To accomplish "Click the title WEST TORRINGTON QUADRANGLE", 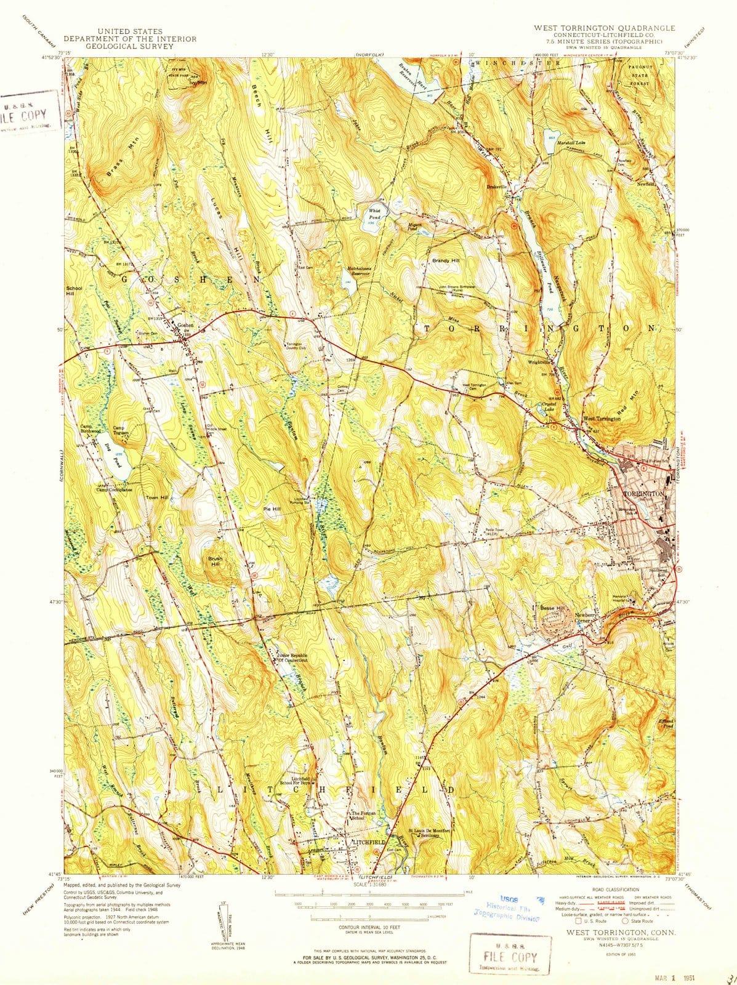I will coord(604,28).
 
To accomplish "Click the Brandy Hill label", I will coord(445,261).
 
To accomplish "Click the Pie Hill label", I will coord(272,509).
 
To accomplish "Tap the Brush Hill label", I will coord(215,561).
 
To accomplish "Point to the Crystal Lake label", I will coord(549,407).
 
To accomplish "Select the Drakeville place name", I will coord(496,187).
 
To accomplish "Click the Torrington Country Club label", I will coord(298,346).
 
